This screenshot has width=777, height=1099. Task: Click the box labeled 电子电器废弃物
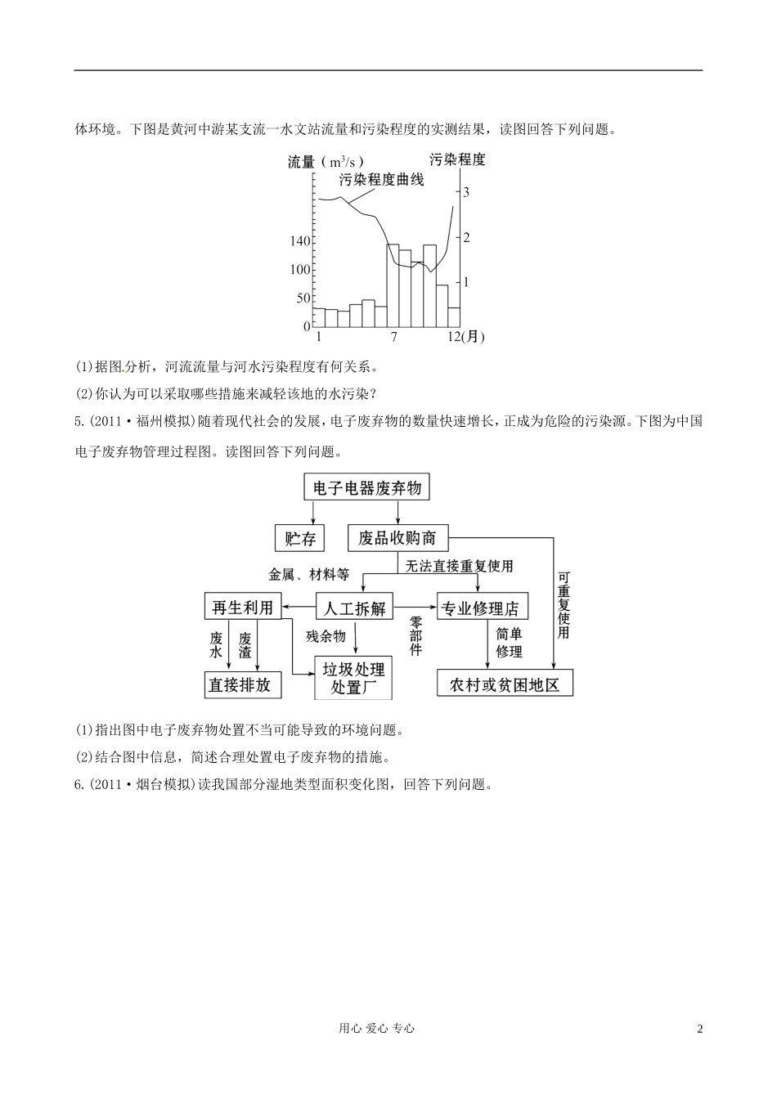[x=366, y=488]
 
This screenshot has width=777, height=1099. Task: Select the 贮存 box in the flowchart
[x=300, y=538]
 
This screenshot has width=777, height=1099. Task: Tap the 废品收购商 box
[x=397, y=538]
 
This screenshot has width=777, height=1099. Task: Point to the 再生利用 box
[x=242, y=607]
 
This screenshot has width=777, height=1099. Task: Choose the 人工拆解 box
[x=354, y=608]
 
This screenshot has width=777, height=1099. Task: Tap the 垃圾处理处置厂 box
[x=353, y=678]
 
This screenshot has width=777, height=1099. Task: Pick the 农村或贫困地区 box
[x=505, y=684]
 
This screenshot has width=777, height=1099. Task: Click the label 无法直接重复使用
[x=459, y=566]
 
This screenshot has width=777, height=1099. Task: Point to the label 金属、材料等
[x=309, y=574]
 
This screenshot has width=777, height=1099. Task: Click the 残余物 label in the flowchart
[x=326, y=636]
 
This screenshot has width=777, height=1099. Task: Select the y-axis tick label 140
[x=299, y=241]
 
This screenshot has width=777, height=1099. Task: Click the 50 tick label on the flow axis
[x=303, y=298]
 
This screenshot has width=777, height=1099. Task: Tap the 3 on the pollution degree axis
[x=466, y=192]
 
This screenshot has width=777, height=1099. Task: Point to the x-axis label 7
[x=394, y=337]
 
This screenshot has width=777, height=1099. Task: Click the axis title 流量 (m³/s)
[x=326, y=161]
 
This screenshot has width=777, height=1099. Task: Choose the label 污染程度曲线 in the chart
[x=381, y=180]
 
